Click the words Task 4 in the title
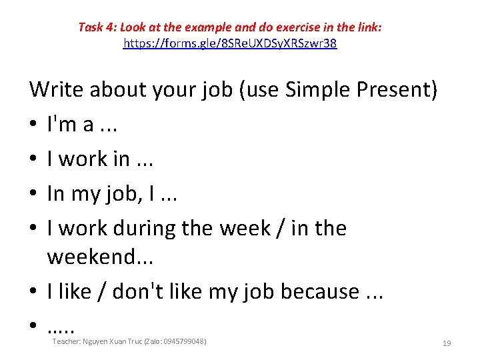tap(96, 27)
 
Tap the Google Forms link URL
tap(230, 45)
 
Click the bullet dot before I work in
tap(33, 159)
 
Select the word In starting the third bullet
tap(56, 193)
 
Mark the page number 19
tap(447, 343)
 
